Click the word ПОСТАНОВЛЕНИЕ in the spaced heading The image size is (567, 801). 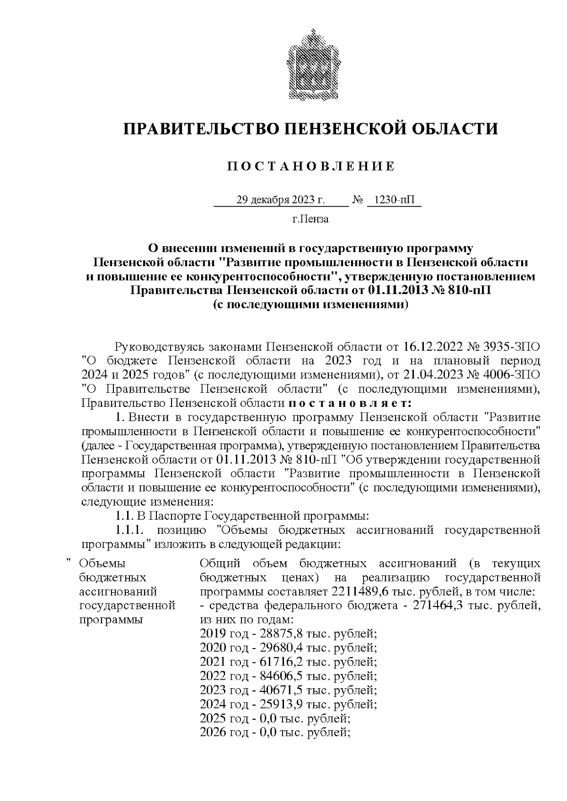coord(311,167)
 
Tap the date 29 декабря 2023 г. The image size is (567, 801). coord(281,200)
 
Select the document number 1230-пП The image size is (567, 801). coord(393,200)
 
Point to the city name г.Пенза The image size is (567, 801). coord(310,219)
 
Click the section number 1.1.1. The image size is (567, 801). coord(129,530)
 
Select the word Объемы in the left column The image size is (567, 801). coord(102,563)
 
